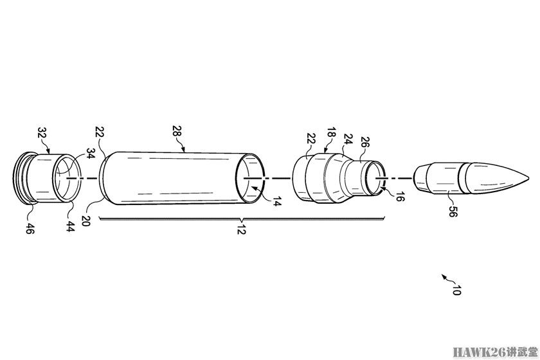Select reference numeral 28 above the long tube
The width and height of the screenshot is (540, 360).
click(x=177, y=132)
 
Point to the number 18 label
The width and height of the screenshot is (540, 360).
click(x=331, y=134)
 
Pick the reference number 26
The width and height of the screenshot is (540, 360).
click(x=364, y=143)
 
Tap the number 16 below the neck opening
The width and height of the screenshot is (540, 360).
click(x=399, y=197)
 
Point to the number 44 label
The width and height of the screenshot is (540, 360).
click(x=69, y=226)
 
